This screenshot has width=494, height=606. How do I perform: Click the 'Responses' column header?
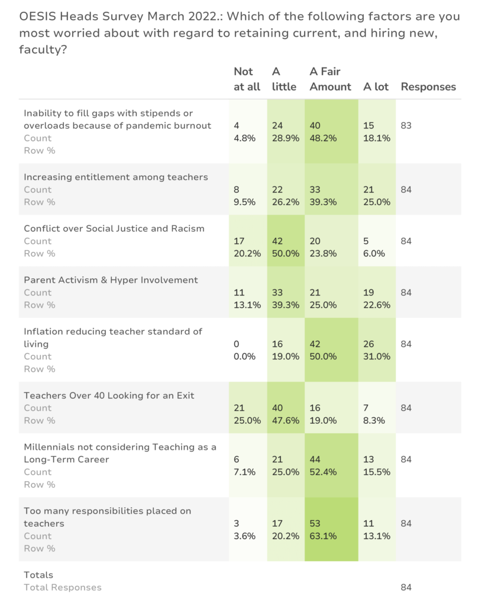point(428,87)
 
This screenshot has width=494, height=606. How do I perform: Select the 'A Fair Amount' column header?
point(330,79)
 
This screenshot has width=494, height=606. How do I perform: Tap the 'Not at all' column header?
point(247,79)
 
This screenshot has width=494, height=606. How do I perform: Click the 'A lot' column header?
point(376,87)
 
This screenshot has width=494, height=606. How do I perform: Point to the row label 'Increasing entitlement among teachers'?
point(116,178)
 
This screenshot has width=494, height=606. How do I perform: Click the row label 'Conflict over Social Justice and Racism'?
point(114,229)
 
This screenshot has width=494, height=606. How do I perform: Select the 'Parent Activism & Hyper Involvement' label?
point(111,280)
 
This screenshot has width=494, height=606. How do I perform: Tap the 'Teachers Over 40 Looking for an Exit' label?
point(109,396)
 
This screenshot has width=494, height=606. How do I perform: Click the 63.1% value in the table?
point(323,536)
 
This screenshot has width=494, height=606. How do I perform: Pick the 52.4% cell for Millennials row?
point(323,472)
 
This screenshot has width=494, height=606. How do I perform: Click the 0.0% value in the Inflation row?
point(244,357)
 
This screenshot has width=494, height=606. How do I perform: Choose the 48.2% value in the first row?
point(323,138)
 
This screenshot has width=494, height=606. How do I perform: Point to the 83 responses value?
point(406,125)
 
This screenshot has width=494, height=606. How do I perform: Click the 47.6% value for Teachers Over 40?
point(285,421)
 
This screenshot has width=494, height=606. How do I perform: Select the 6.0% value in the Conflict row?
point(374,254)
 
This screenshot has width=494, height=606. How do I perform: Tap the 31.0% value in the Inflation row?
point(377,357)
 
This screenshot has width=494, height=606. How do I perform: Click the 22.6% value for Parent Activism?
point(377,305)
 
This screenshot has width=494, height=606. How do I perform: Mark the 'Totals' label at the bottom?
point(38,575)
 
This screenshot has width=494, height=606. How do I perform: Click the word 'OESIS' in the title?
point(37,17)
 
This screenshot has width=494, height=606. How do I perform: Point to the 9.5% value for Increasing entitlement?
point(244,202)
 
